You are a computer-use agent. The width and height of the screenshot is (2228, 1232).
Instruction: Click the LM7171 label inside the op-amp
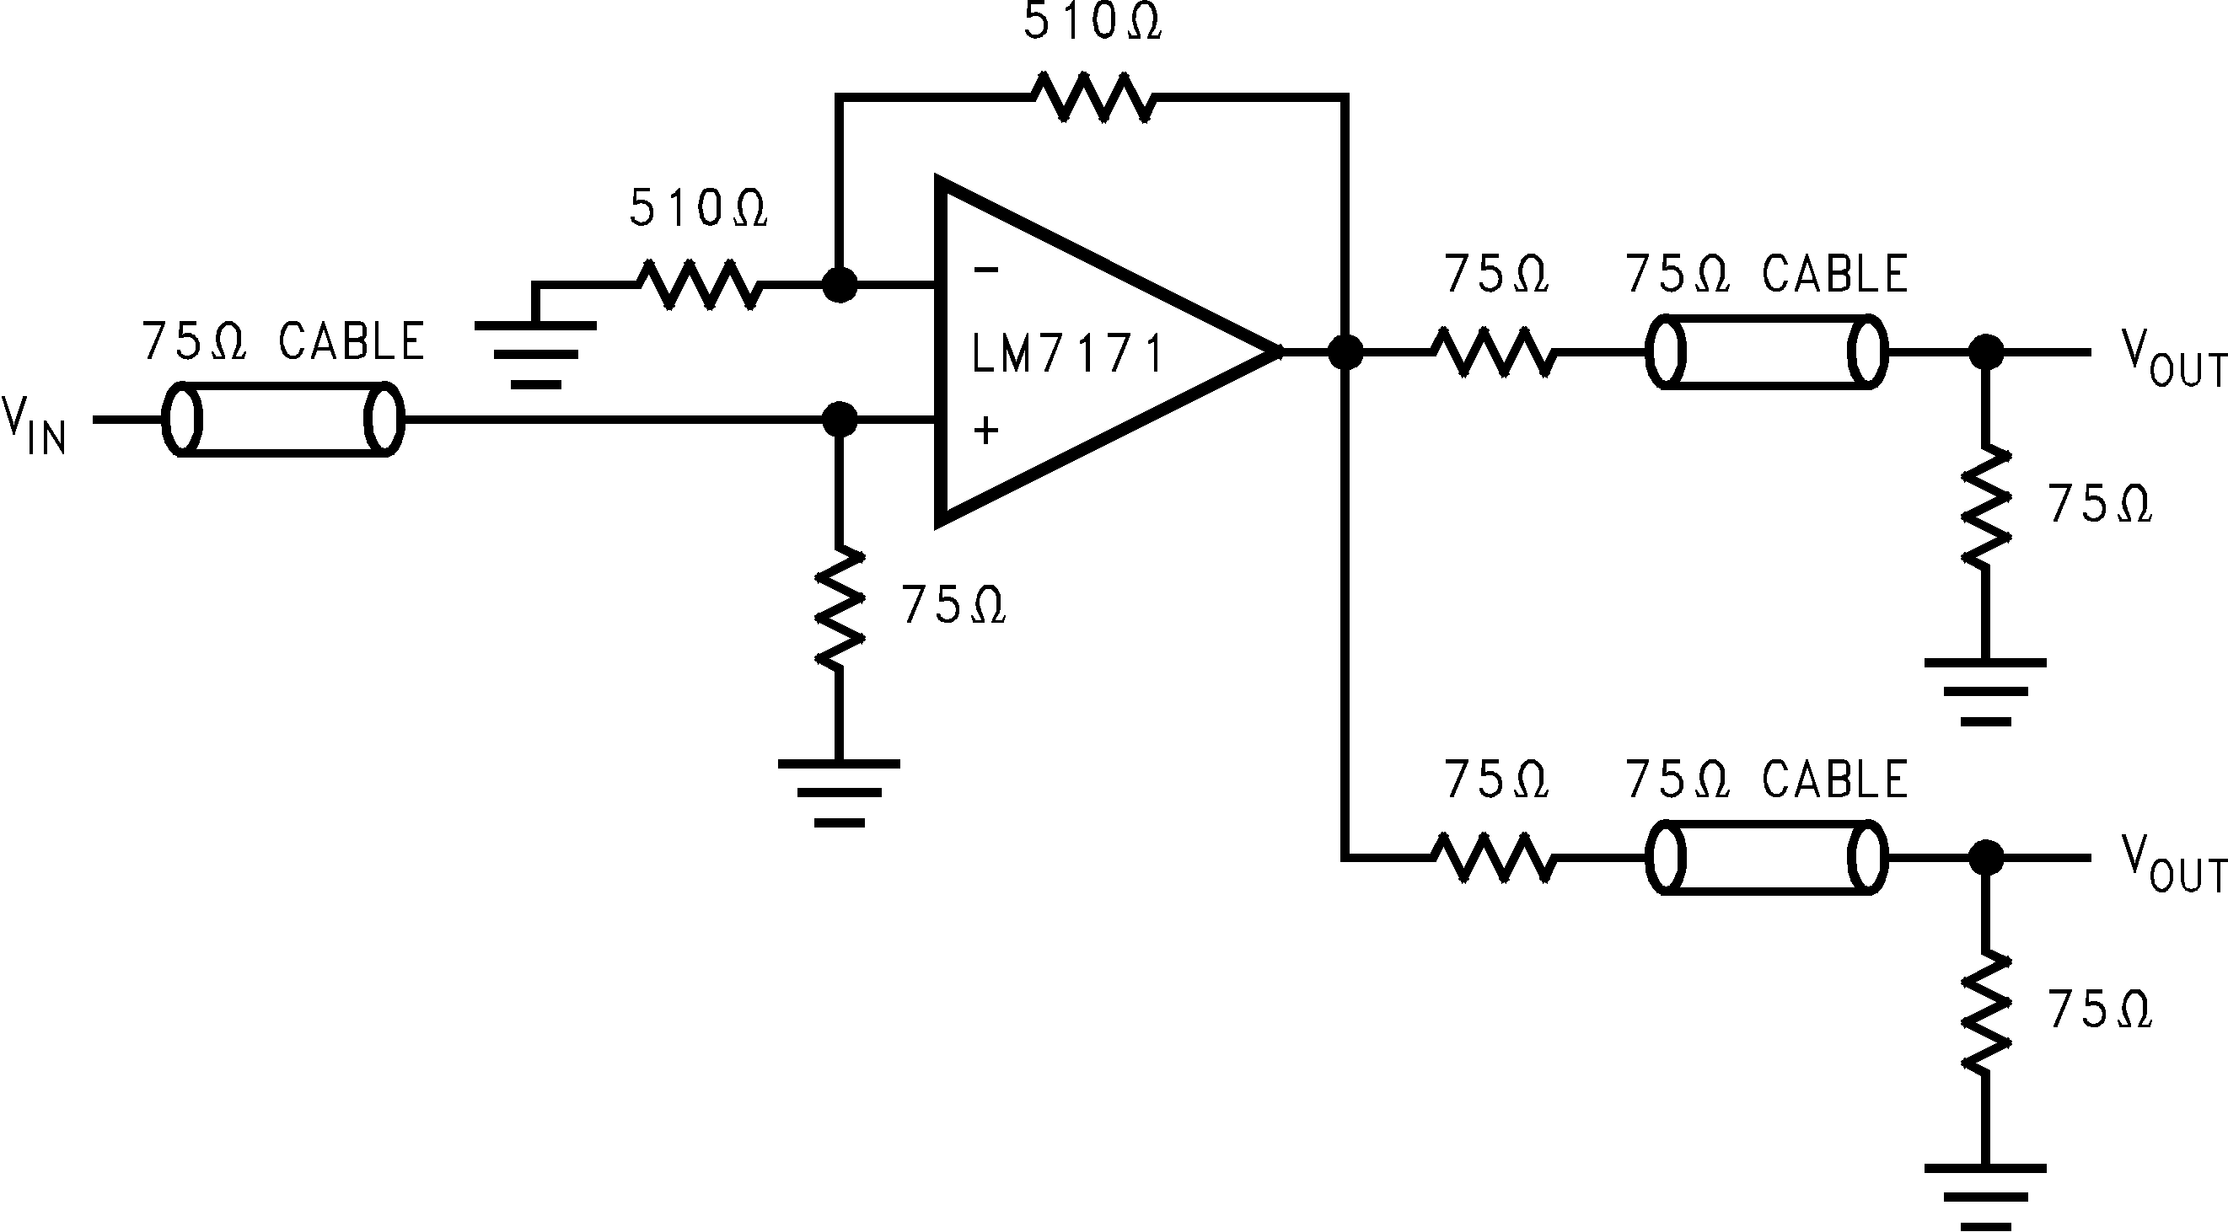(1067, 355)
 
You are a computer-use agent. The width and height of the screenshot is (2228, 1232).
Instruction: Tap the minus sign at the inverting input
(986, 271)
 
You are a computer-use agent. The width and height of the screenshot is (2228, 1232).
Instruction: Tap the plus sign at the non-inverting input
(986, 430)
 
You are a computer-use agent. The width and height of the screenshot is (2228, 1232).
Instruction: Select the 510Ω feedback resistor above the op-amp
(1094, 98)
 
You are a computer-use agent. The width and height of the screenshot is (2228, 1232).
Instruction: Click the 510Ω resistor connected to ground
(699, 284)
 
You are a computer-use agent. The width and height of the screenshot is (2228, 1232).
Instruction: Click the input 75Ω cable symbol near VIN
(284, 420)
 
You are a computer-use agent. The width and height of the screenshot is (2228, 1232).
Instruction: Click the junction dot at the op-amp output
(1345, 352)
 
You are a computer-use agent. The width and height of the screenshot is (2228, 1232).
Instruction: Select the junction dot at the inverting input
(838, 284)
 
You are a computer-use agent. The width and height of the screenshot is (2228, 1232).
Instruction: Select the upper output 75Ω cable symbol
(1765, 352)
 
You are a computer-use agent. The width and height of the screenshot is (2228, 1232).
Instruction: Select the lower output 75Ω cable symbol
(1765, 858)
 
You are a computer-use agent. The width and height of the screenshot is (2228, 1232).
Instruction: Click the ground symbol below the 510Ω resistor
(535, 355)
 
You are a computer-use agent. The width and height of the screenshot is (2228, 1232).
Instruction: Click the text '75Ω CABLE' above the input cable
(283, 341)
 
